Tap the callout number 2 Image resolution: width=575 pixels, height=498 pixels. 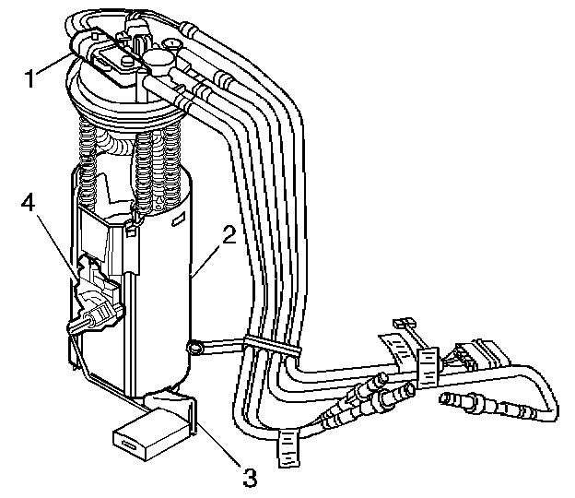(x=230, y=233)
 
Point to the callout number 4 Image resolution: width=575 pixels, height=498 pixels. (x=29, y=203)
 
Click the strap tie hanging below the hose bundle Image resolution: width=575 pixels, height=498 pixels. (x=288, y=447)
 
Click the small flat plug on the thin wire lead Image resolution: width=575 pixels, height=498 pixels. (x=400, y=324)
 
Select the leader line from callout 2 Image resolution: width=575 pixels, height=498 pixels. (x=208, y=257)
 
